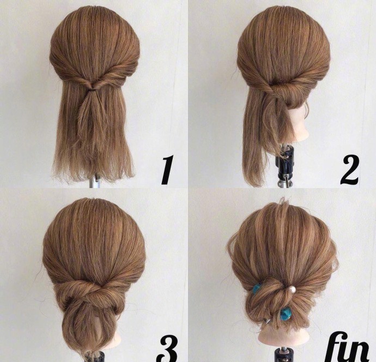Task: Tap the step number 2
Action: point(349,170)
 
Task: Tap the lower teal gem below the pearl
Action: point(286,313)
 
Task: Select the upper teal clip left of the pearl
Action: point(256,288)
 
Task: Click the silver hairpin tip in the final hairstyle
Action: point(266,321)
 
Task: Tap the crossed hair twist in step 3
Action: point(89,293)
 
